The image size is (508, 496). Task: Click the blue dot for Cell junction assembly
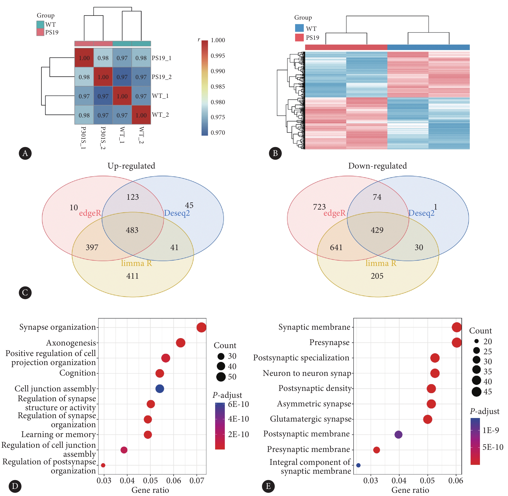159,389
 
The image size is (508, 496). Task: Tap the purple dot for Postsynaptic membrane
398,434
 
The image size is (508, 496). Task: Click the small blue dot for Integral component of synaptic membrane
358,465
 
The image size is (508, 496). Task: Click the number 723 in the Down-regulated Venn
319,207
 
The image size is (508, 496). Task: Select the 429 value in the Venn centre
377,230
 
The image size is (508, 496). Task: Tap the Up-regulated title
131,166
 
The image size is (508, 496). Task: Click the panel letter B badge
275,153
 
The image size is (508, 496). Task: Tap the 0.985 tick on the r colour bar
218,87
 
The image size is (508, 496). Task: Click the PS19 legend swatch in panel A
40,32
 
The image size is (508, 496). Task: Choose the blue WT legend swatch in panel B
299,28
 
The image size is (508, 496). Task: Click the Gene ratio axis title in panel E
410,490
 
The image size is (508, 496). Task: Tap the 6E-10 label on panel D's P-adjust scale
238,404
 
